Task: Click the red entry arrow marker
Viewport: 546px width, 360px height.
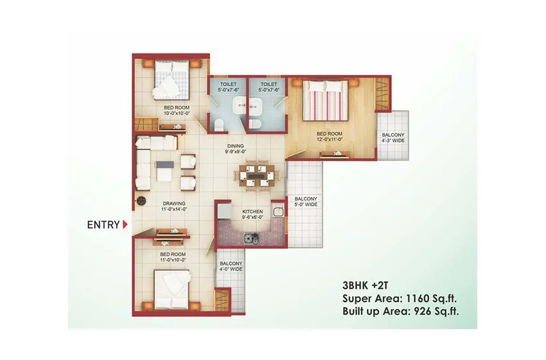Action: pos(125,224)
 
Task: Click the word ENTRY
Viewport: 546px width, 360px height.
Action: pos(103,224)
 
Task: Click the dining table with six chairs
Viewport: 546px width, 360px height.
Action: pos(255,174)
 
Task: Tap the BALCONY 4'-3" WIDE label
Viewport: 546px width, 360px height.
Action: pos(393,137)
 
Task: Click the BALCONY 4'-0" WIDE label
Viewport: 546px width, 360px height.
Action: pos(231,266)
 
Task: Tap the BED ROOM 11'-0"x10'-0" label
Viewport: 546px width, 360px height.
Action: pos(173,258)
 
